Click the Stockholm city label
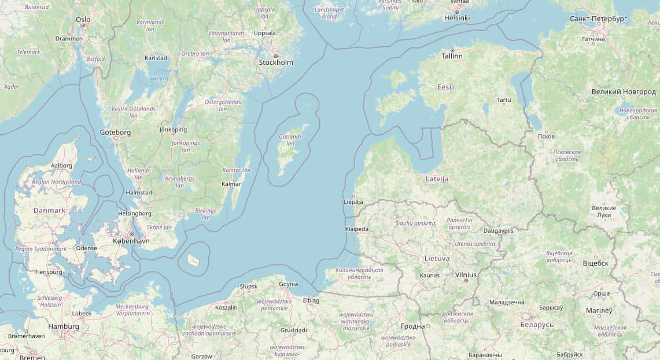(276, 63)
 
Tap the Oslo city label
(83, 19)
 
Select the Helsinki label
(456, 18)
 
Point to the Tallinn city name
(452, 56)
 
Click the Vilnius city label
(466, 275)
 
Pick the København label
(131, 241)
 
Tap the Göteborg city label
(115, 132)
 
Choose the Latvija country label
(437, 179)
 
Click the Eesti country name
(445, 87)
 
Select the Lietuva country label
(437, 258)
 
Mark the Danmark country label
(49, 211)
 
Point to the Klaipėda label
(356, 229)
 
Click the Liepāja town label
(353, 202)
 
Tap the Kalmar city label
(231, 184)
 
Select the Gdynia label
(288, 284)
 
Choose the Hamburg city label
(64, 326)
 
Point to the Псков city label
(546, 137)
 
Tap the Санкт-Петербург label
(598, 19)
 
